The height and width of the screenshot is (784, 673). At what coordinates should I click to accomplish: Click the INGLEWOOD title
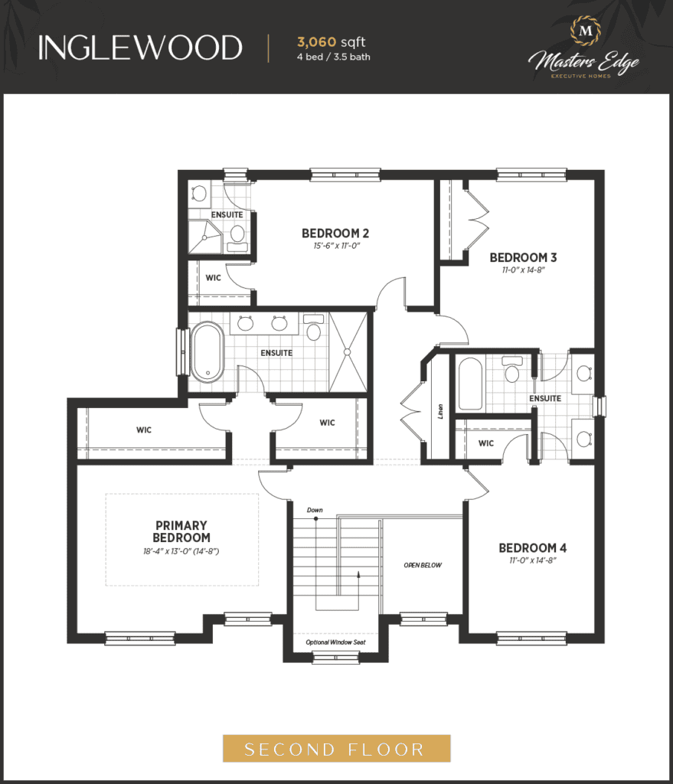pyautogui.click(x=140, y=48)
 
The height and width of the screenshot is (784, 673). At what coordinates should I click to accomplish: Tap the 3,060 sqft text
pyautogui.click(x=331, y=42)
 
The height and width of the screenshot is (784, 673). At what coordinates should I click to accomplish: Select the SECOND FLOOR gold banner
pyautogui.click(x=337, y=749)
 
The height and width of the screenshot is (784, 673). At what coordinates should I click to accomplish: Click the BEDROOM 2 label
pyautogui.click(x=335, y=234)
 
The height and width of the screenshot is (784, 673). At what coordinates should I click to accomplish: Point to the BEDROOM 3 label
pyautogui.click(x=523, y=257)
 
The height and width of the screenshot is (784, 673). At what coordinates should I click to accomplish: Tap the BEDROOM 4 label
pyautogui.click(x=532, y=548)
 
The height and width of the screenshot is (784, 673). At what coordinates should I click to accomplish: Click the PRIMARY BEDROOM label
pyautogui.click(x=181, y=531)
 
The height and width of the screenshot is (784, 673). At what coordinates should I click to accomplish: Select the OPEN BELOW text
pyautogui.click(x=423, y=565)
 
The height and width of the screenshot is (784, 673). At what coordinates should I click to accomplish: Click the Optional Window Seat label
pyautogui.click(x=335, y=642)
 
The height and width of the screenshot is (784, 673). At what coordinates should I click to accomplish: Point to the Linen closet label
pyautogui.click(x=440, y=411)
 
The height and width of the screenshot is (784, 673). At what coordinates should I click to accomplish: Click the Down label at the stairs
pyautogui.click(x=315, y=510)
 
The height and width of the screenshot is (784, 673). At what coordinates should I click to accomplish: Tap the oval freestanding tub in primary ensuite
pyautogui.click(x=208, y=352)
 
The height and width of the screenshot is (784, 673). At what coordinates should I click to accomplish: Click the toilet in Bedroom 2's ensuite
pyautogui.click(x=237, y=238)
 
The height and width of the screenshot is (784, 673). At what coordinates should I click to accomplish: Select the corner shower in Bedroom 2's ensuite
pyautogui.click(x=205, y=237)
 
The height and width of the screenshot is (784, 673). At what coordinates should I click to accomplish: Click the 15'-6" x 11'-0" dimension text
pyautogui.click(x=337, y=246)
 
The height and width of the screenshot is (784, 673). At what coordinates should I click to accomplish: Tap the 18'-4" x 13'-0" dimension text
pyautogui.click(x=181, y=551)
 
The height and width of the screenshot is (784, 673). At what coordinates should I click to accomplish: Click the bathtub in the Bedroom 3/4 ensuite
pyautogui.click(x=471, y=384)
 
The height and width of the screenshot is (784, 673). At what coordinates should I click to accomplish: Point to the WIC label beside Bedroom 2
pyautogui.click(x=213, y=277)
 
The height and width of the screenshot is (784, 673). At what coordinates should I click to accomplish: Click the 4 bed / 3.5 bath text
pyautogui.click(x=334, y=57)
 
